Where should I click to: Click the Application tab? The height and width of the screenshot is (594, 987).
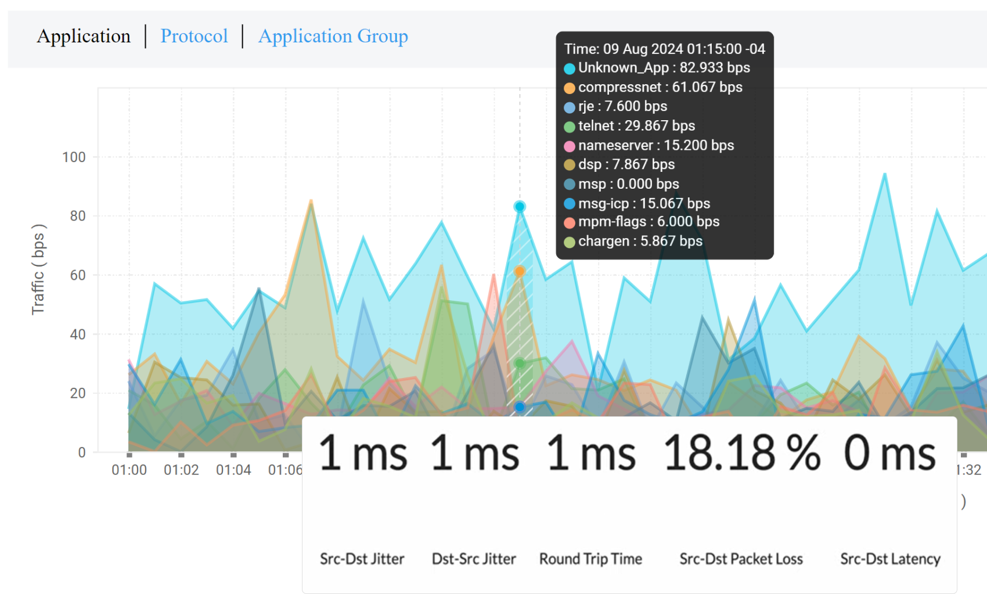coord(84,36)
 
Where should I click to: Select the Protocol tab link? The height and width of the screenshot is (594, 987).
coord(194,36)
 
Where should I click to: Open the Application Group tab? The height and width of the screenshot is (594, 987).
coord(333,36)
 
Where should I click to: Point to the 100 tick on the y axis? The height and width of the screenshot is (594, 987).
coord(74,157)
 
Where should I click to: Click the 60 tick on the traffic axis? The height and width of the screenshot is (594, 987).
coord(78,275)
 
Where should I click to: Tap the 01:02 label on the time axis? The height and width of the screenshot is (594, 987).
coord(181,470)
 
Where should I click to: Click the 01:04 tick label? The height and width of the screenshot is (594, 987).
coord(233,470)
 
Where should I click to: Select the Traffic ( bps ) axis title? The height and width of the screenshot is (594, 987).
coord(38,269)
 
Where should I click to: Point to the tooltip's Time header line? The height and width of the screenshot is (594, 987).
coord(664,49)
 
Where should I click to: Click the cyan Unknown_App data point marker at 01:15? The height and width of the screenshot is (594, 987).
coord(520,207)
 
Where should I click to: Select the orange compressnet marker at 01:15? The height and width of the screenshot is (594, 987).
coord(520,271)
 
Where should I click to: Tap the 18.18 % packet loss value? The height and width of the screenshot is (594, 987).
coord(741,453)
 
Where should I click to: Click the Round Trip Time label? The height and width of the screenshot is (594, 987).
coord(590,559)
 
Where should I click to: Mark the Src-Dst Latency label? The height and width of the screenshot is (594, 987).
coord(890,559)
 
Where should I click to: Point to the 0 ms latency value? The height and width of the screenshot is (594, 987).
coord(889,453)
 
